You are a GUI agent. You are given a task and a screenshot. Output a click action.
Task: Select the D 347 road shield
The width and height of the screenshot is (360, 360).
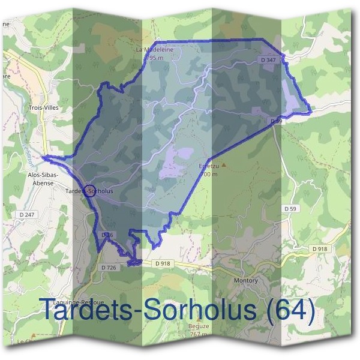[269, 61]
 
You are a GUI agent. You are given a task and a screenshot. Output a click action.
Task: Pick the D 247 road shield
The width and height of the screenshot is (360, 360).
[28, 214]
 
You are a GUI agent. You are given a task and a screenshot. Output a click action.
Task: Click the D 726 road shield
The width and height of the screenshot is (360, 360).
[109, 267]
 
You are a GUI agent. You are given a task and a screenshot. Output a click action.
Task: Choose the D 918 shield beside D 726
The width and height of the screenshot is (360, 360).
[163, 263]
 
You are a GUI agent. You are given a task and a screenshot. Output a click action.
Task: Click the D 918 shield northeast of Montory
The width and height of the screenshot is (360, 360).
[319, 248]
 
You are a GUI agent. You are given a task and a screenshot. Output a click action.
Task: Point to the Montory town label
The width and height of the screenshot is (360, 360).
[245, 280]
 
